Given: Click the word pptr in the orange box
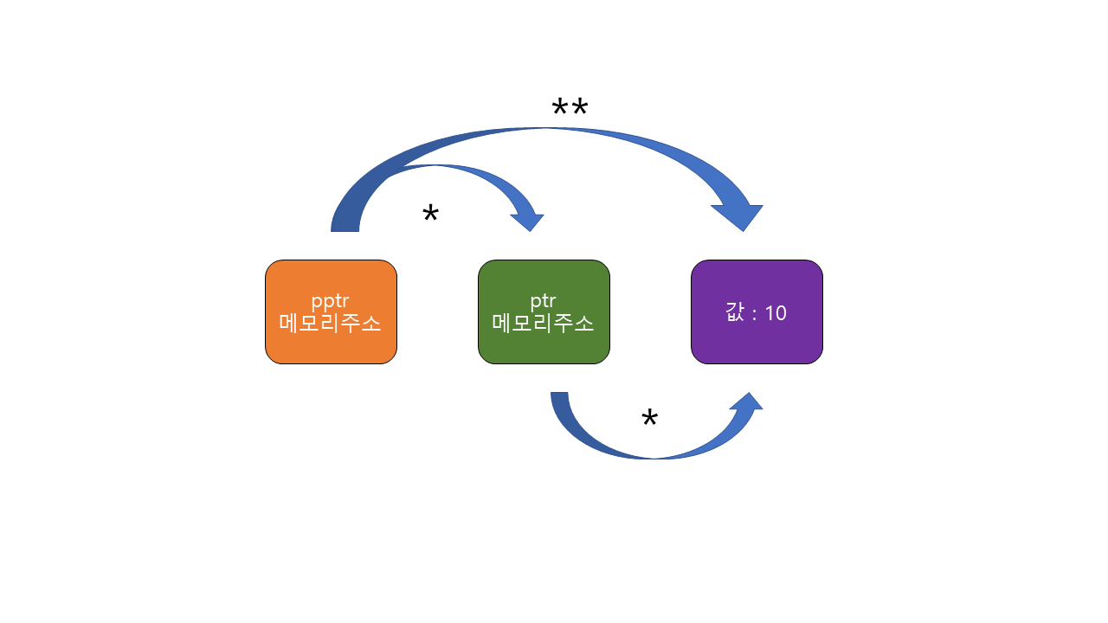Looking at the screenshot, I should point(331,302).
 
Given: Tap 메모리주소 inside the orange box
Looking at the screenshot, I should point(331,324).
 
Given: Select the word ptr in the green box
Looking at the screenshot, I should point(544,301).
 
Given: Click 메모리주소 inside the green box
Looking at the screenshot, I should point(544,324).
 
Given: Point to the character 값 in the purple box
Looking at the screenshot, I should point(735,312).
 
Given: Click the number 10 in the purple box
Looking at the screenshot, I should point(776,313).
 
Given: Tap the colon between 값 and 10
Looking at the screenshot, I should point(754,314).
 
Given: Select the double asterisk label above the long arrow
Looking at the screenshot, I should point(570,110).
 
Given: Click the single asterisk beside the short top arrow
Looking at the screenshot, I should point(430,215).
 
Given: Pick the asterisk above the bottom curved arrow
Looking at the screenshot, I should point(649,420).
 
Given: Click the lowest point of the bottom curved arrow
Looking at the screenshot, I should point(654,454).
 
